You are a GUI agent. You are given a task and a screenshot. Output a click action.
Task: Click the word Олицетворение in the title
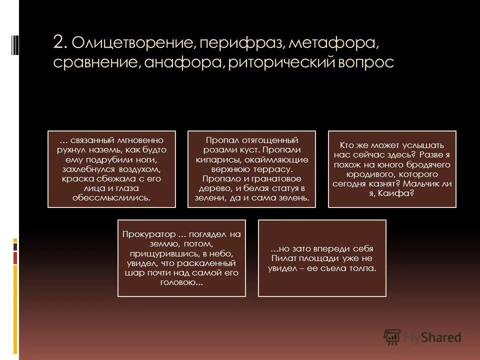point(133,43)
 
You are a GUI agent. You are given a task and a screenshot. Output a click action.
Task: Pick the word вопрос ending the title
point(369,63)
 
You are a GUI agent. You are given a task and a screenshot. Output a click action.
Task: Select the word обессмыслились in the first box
point(111,198)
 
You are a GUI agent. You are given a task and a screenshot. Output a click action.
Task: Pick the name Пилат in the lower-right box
point(283,258)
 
